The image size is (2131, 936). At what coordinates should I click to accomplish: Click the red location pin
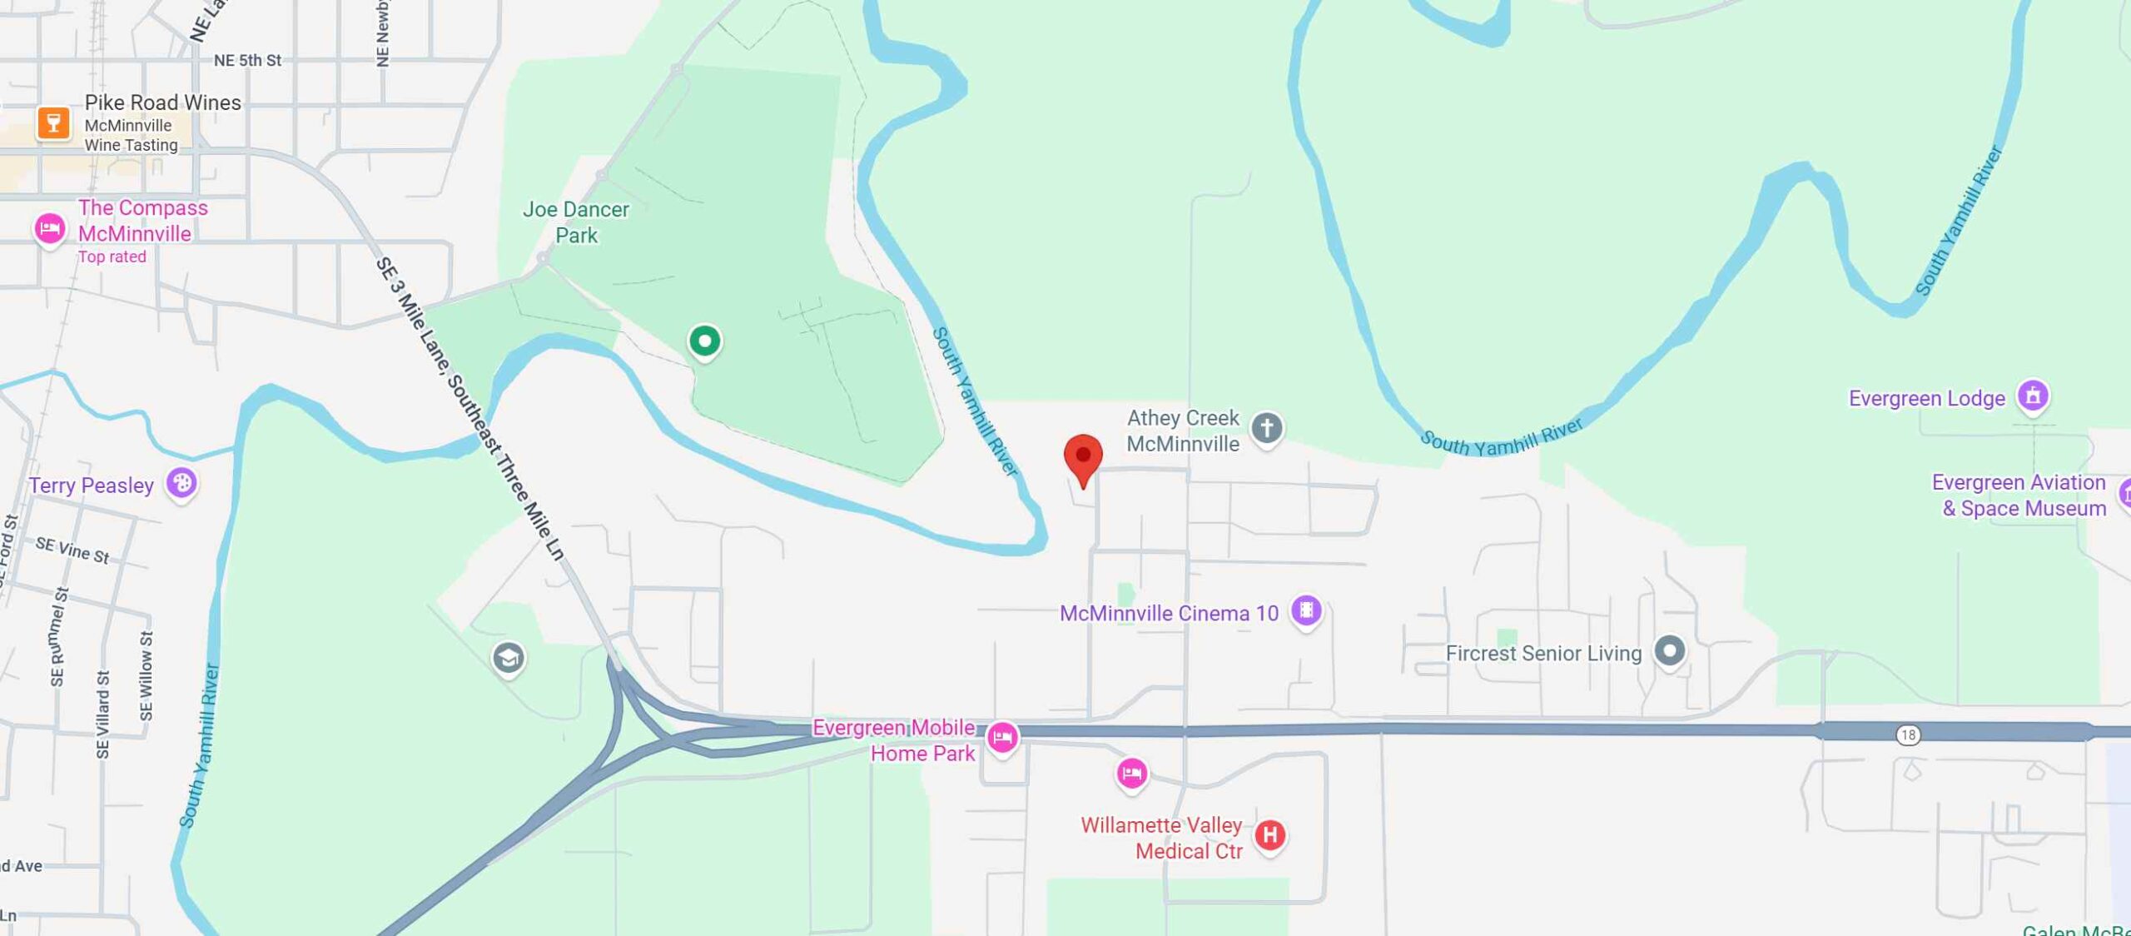tap(1083, 456)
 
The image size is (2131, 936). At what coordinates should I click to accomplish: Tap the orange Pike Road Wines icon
tap(53, 123)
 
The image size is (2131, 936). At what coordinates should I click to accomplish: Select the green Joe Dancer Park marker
tap(704, 341)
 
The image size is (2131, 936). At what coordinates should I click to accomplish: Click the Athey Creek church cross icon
tap(1266, 428)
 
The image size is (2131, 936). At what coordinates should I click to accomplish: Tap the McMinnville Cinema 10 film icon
tap(1306, 610)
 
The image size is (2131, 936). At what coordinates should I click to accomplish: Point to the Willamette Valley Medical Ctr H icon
tap(1269, 834)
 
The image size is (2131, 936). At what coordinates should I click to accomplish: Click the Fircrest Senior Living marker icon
tap(1668, 651)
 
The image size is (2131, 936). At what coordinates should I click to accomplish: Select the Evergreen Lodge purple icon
tap(2032, 396)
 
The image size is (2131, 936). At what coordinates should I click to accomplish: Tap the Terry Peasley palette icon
tap(181, 483)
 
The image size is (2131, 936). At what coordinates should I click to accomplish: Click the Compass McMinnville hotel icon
tap(49, 228)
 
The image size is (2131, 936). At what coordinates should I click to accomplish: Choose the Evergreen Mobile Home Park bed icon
tap(1002, 737)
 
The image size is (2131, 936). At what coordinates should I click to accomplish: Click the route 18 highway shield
tap(1908, 734)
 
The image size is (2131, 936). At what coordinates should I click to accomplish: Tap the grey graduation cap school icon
tap(508, 659)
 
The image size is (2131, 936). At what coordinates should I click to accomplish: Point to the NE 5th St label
tap(247, 61)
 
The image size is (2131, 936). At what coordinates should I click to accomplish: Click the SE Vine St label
tap(72, 550)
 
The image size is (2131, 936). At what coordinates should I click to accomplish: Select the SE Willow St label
tap(147, 675)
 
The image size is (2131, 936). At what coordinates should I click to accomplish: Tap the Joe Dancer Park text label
tap(576, 222)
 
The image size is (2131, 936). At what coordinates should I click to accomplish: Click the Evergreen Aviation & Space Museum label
tap(2019, 495)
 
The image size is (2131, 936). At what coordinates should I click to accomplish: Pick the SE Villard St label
tap(102, 714)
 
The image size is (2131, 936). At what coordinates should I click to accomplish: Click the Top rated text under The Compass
tap(112, 257)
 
